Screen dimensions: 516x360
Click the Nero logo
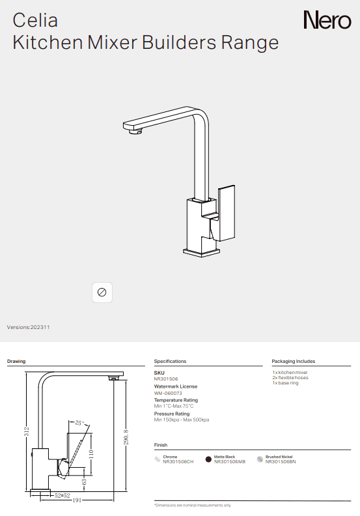[x=327, y=21]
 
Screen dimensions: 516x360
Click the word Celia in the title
[x=35, y=21]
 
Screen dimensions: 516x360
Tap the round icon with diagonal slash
[x=102, y=292]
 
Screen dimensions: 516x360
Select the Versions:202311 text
[x=28, y=327]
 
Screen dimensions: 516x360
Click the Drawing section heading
[x=16, y=361]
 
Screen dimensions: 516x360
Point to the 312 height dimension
[x=27, y=431]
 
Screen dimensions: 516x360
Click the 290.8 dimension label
[x=126, y=433]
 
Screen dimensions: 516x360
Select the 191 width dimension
[x=76, y=500]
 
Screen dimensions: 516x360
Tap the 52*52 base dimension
[x=62, y=495]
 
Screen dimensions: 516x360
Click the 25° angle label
[x=80, y=423]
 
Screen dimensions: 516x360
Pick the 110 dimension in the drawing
[x=90, y=451]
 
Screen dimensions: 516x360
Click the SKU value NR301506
[x=165, y=379]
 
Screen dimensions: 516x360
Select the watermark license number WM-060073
[x=167, y=394]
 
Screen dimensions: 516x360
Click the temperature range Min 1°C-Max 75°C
[x=174, y=406]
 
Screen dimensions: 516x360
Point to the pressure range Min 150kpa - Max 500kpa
[x=181, y=420]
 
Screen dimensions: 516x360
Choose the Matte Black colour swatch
[x=208, y=459]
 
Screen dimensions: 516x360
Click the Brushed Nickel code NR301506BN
[x=280, y=461]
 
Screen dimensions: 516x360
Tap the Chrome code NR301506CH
[x=178, y=461]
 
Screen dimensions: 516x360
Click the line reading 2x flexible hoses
[x=290, y=378]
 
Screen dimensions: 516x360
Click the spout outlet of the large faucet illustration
[x=135, y=134]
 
